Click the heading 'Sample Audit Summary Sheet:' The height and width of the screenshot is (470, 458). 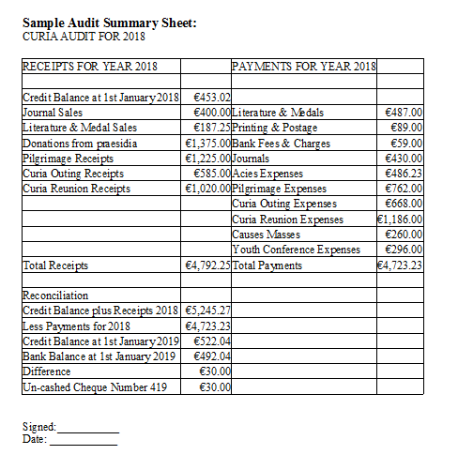(x=109, y=23)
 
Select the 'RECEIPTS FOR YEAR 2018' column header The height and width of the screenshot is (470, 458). (x=89, y=67)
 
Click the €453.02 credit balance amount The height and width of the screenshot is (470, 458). (x=211, y=98)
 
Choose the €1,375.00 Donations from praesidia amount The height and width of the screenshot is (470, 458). (x=207, y=143)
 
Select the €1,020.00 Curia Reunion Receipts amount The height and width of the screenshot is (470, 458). (x=207, y=188)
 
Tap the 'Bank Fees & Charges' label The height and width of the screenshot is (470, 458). (x=279, y=143)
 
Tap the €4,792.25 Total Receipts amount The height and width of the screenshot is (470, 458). (x=207, y=265)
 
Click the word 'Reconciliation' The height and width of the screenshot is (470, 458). (x=54, y=296)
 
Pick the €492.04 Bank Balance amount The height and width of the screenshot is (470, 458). (x=211, y=356)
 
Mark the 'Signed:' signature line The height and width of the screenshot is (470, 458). (x=88, y=427)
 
